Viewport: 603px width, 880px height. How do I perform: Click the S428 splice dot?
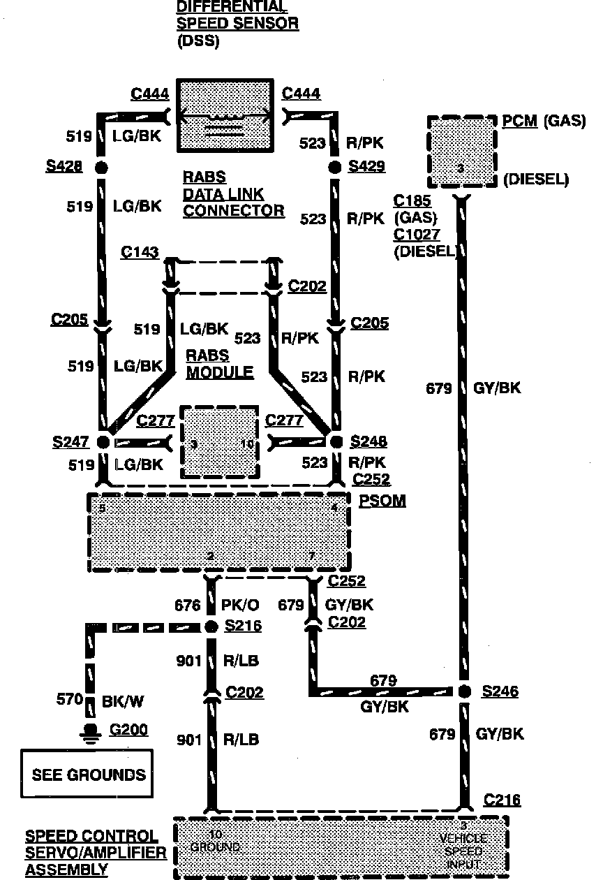click(102, 168)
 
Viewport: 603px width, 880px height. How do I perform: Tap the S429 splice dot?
click(336, 168)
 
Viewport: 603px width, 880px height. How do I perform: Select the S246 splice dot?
click(464, 691)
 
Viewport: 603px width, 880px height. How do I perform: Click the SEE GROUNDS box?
click(87, 774)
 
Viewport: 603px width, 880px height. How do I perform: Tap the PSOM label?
click(382, 501)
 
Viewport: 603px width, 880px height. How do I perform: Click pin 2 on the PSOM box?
click(210, 557)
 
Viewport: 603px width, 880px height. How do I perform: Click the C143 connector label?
click(140, 252)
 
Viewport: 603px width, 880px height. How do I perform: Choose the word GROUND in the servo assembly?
click(215, 847)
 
